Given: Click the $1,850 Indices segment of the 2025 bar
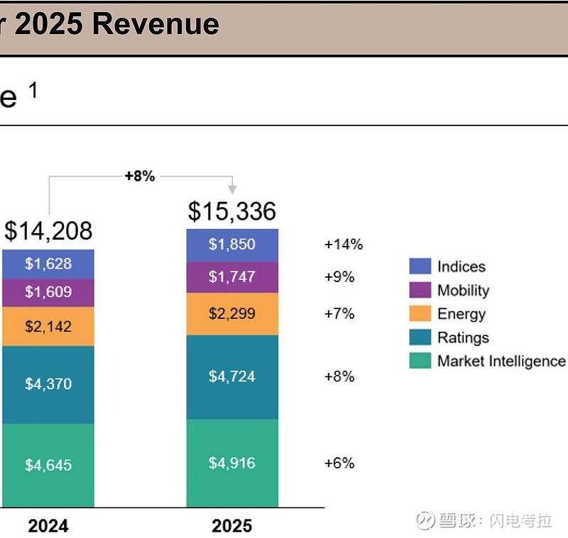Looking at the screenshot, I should coord(232,245).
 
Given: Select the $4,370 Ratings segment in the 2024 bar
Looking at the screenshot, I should coord(48,384).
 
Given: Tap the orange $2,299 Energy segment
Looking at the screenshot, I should coord(232,313).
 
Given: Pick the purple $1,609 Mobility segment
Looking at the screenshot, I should coord(48,292).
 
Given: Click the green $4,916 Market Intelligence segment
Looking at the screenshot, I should coord(232,463).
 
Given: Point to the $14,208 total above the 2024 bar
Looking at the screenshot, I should coord(48,231).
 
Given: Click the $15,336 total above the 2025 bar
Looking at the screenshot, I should coord(232,211).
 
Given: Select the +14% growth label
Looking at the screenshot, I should coord(344,245).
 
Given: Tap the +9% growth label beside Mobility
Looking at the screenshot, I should coord(339,277).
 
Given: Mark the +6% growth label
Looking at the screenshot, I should coord(339,463).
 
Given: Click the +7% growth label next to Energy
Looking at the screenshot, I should coord(339,313).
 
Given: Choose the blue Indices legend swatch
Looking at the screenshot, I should coord(420,267).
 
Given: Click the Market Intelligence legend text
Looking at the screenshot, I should coord(501,361).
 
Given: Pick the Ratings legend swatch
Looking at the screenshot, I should coord(420,337).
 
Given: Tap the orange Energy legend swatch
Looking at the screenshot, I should coord(420,314).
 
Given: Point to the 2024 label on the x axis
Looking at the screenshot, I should coord(48,526).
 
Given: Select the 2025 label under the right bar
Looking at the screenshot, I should coord(232,526).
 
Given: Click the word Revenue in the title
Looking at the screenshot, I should coord(156,25).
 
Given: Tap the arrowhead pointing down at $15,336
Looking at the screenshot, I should coord(232,189).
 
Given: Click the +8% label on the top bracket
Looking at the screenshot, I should coord(140,176).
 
